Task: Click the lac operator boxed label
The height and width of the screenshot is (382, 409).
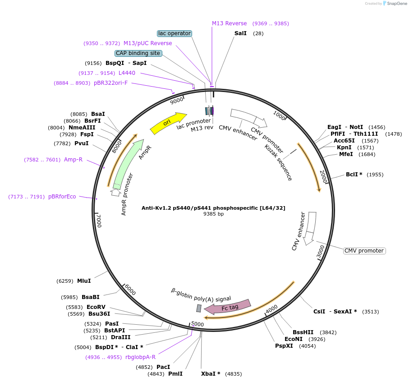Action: tap(175, 33)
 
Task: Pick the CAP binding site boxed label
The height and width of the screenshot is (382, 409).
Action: tap(138, 53)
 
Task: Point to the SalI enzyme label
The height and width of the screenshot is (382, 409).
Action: tap(240, 33)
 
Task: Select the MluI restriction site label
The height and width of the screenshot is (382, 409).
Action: tap(84, 281)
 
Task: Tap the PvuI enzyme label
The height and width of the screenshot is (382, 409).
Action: tap(81, 143)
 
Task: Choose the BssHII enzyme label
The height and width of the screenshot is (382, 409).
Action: tap(302, 332)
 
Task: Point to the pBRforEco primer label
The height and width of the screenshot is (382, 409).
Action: tap(62, 197)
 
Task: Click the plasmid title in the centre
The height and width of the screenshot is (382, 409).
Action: tap(213, 208)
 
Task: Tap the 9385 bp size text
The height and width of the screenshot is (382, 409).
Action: tap(213, 214)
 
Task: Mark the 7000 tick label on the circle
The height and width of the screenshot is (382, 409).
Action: tap(99, 221)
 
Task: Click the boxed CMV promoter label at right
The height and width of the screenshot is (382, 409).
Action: tap(364, 251)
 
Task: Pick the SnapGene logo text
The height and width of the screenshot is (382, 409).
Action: tap(395, 4)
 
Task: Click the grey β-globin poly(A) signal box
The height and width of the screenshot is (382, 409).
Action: tap(198, 308)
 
